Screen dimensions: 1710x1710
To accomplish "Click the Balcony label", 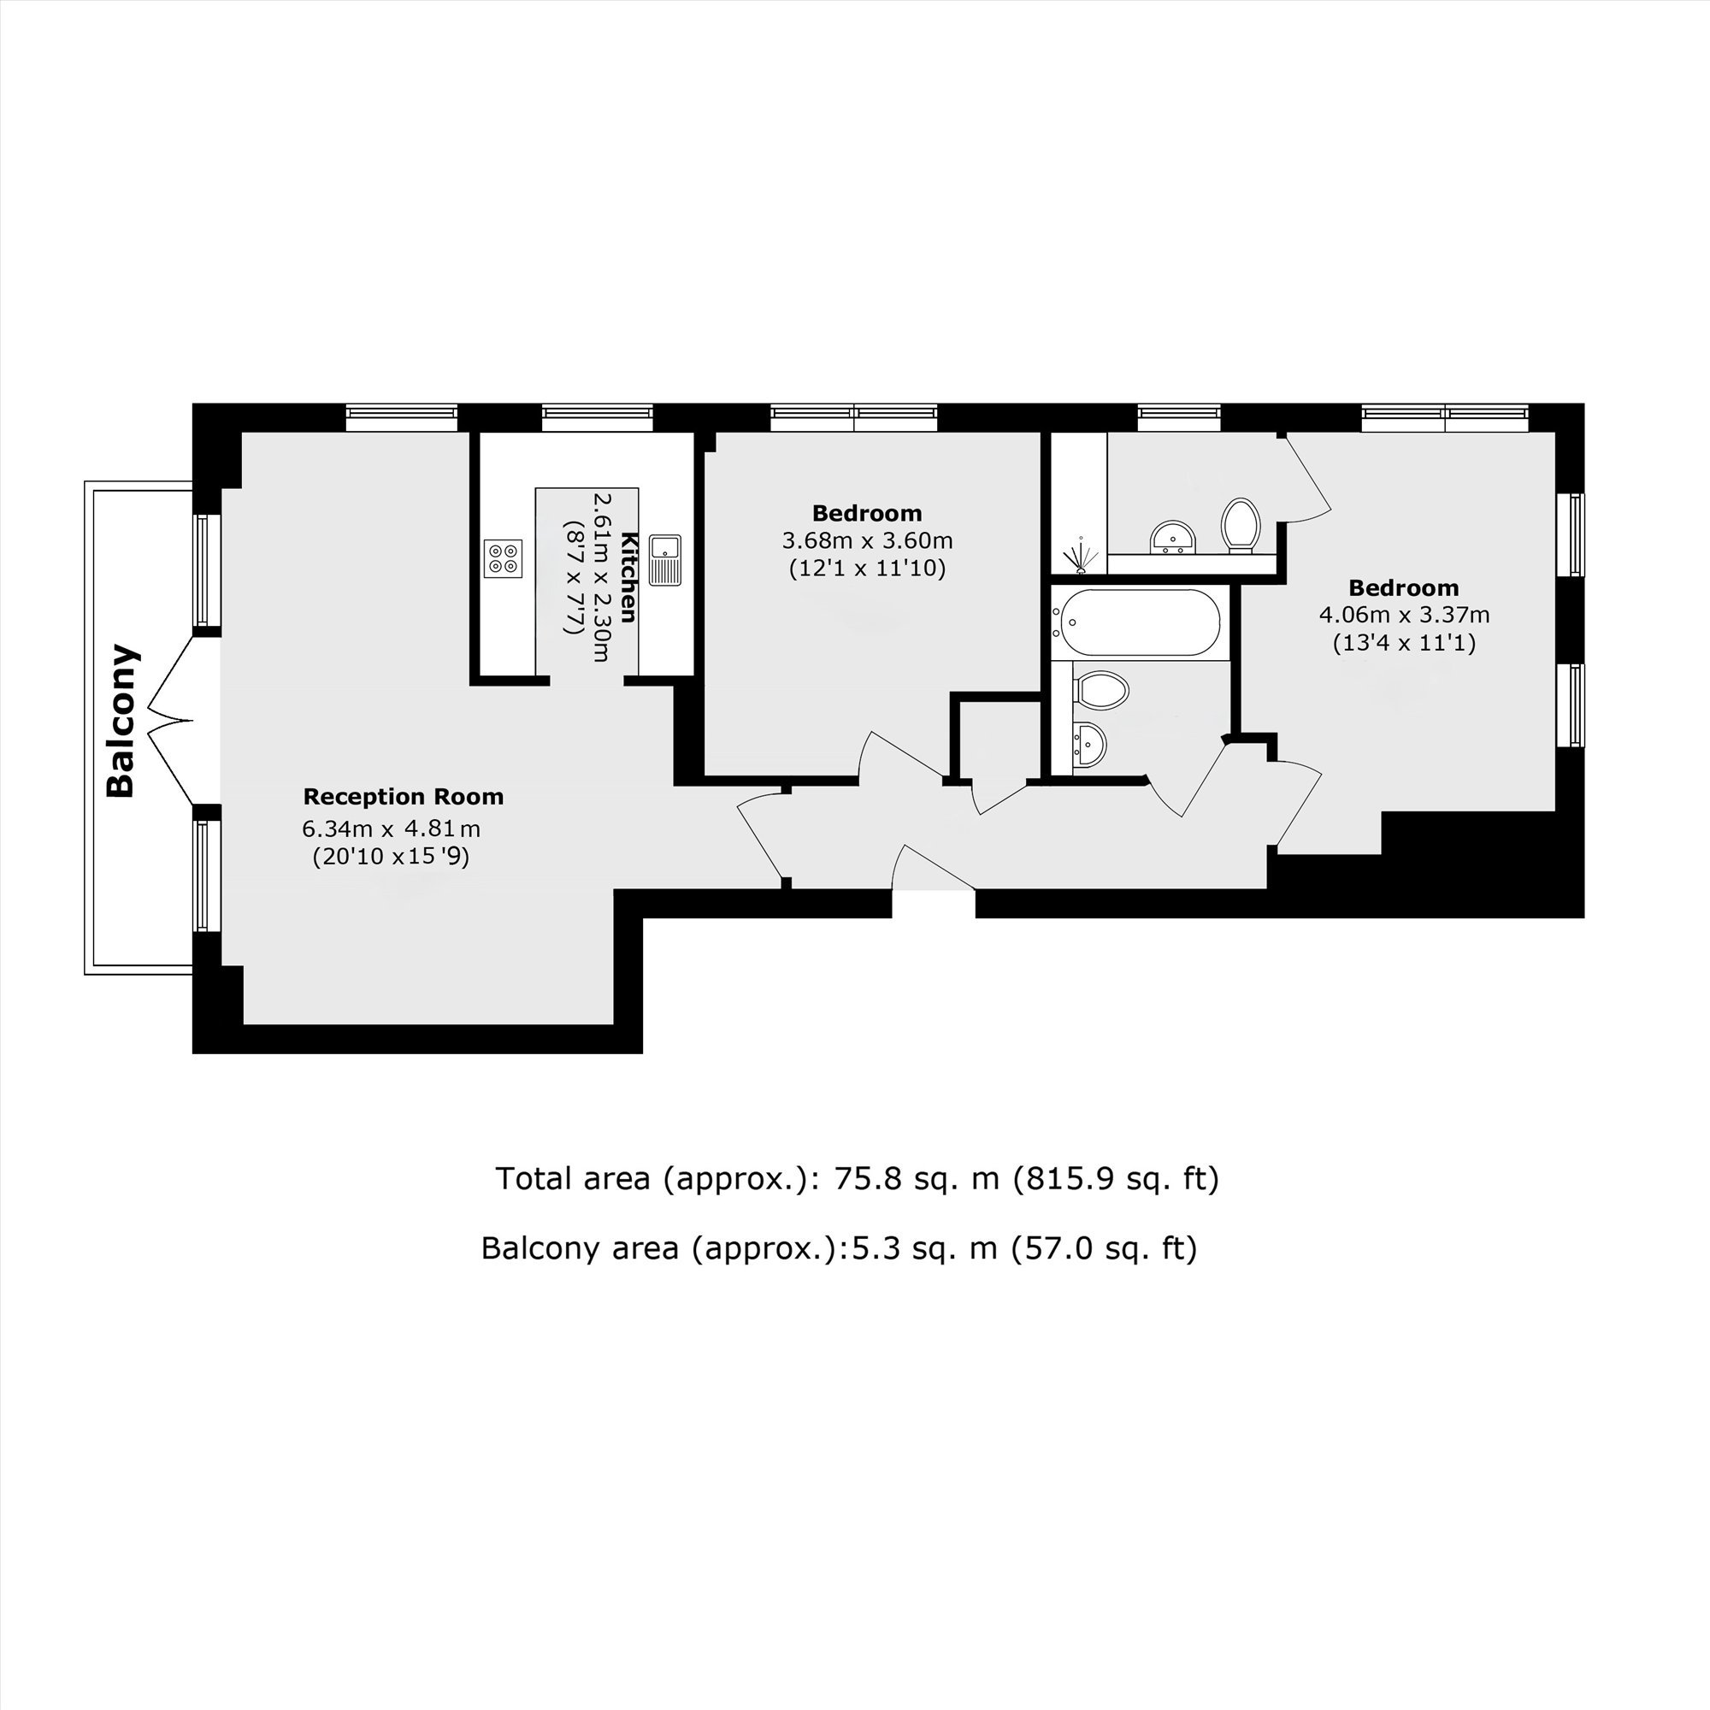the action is (121, 721).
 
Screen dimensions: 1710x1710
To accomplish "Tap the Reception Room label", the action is (404, 797).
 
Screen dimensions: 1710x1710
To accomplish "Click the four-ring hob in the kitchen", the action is (503, 558).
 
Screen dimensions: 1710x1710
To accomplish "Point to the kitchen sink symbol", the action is (664, 559).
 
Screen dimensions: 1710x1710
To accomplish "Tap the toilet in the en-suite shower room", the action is (1241, 525).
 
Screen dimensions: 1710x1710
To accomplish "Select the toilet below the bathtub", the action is (1100, 689).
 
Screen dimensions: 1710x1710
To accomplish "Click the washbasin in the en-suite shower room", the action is (1173, 537).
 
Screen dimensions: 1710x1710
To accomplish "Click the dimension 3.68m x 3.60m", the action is (867, 540).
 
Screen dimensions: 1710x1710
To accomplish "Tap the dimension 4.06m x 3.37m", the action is (1405, 614).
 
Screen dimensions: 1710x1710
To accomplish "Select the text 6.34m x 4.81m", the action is (392, 829).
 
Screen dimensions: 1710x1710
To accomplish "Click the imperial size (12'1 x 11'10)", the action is (867, 569).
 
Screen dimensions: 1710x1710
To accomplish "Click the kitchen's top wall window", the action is (598, 417).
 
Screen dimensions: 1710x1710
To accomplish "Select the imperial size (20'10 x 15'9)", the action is (391, 857).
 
